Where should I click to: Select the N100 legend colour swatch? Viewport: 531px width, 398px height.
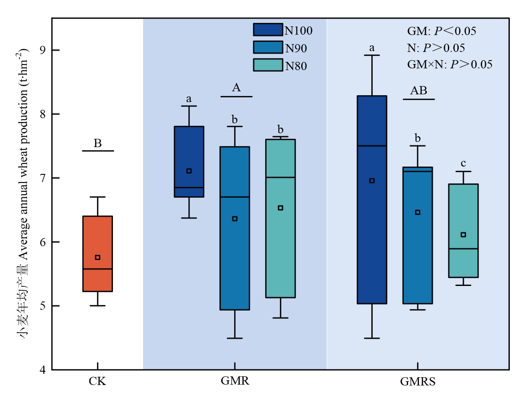pos(267,29)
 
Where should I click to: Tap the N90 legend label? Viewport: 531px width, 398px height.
pos(296,48)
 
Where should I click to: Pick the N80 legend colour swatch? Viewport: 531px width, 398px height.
pos(267,65)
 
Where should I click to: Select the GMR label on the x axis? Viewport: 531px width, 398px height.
pos(235,382)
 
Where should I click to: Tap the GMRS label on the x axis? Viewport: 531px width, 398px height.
pos(418,382)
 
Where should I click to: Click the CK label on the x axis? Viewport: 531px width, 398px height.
pos(97,382)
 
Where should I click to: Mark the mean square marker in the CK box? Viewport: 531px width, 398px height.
pos(97,257)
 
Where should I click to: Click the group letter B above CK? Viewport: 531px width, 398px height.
pos(97,144)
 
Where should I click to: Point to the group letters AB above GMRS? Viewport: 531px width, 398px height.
pos(418,91)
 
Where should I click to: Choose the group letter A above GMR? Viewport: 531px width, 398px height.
pos(236,88)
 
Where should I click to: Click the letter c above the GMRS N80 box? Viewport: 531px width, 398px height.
pos(463,164)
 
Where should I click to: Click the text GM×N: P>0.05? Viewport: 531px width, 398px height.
pos(450,65)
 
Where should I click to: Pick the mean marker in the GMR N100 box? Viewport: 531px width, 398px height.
pos(189,171)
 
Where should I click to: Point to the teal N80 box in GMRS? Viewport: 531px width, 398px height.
pos(463,260)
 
